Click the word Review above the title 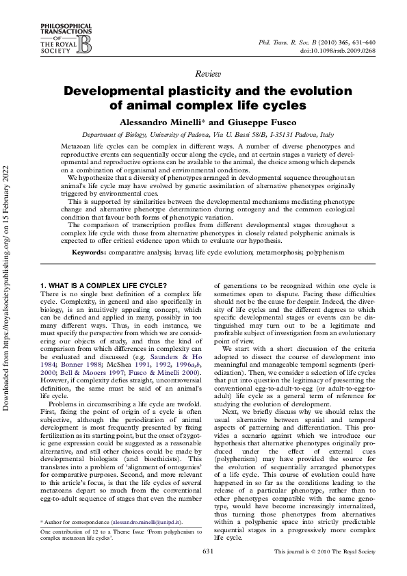click(203, 73)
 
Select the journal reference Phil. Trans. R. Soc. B click(292, 42)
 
